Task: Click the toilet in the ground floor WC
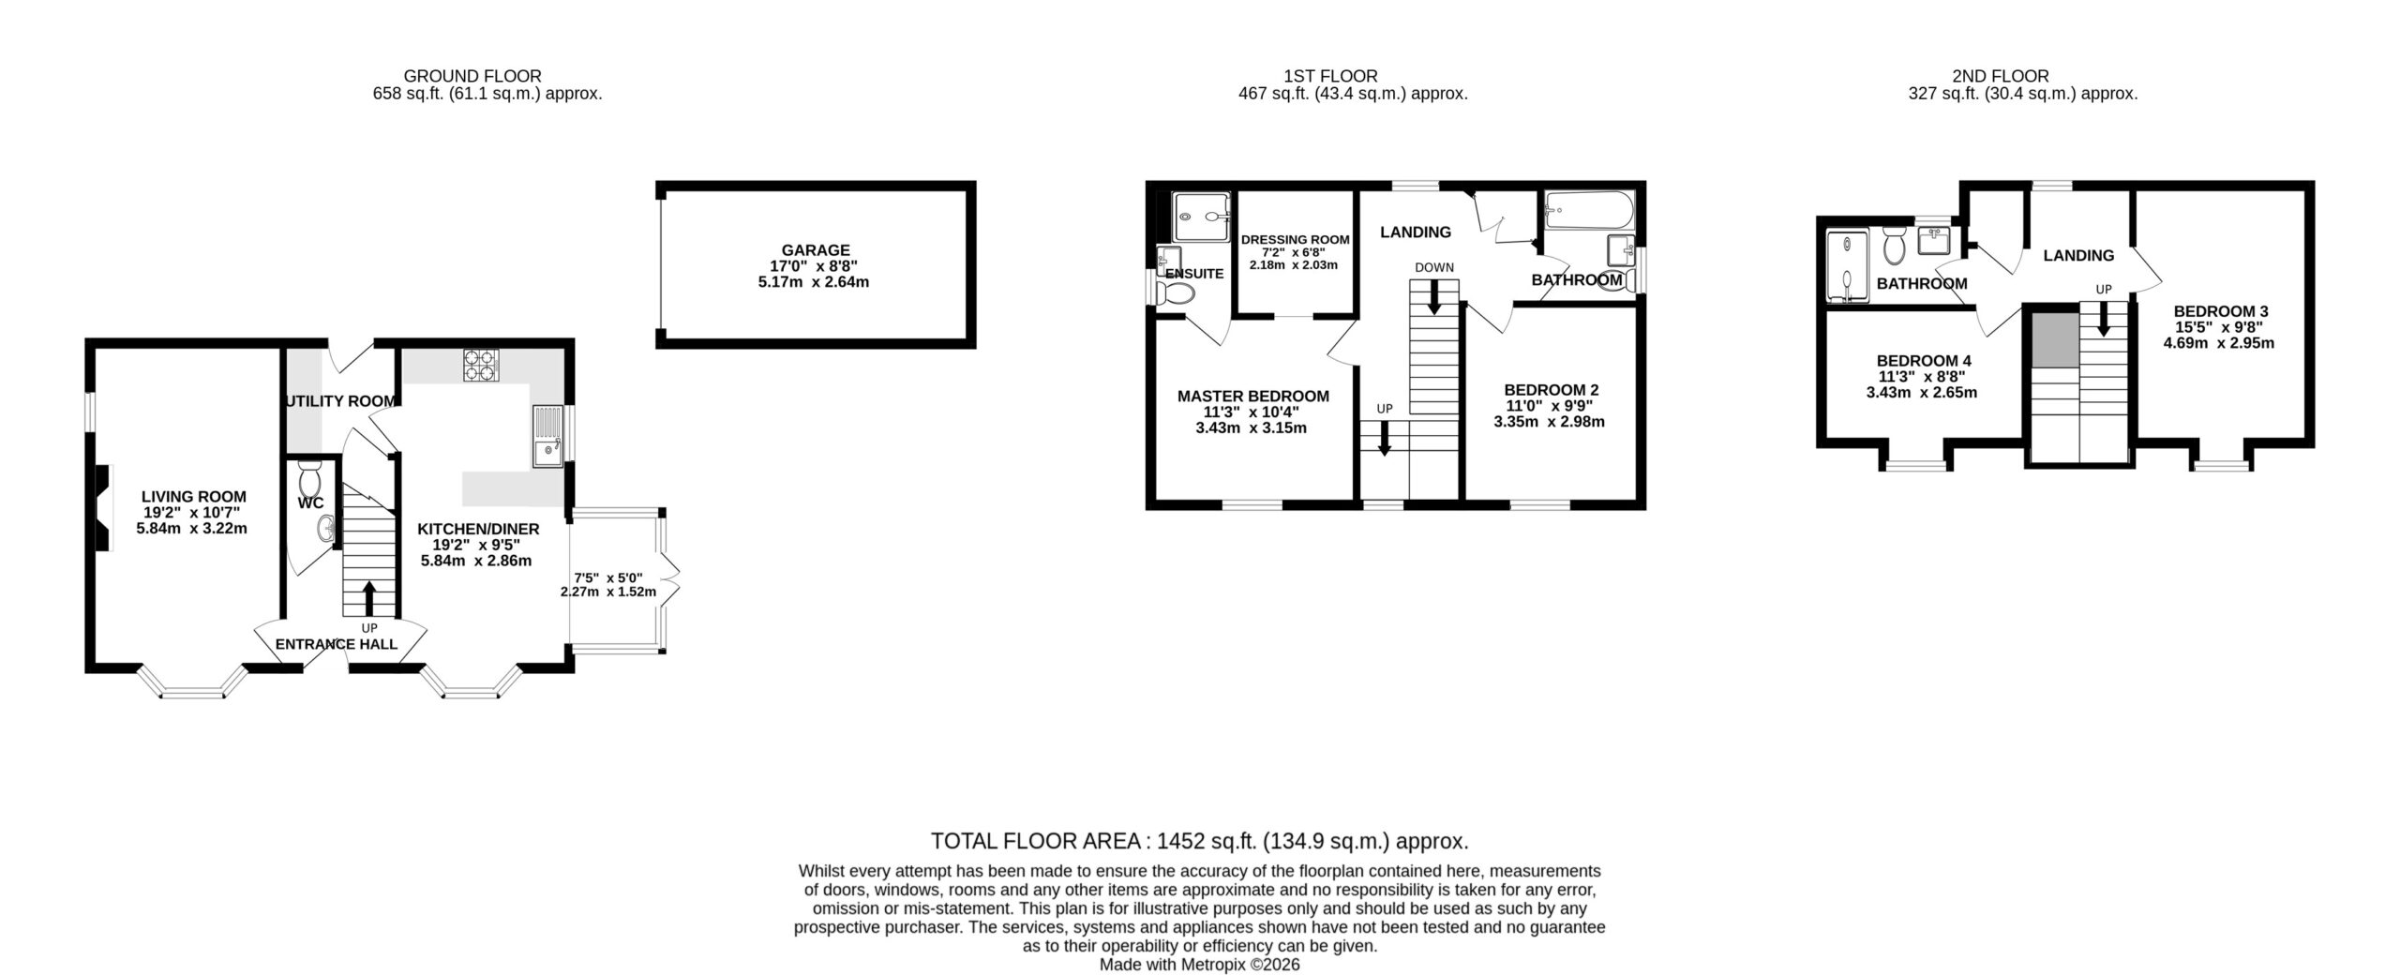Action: [309, 481]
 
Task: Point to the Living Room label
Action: [194, 497]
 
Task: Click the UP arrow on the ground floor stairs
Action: [368, 598]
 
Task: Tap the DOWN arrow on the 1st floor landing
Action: [1433, 297]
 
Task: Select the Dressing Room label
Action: [1296, 240]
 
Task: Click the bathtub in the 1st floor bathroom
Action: [1588, 209]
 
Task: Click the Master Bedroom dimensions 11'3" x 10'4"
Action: [1253, 412]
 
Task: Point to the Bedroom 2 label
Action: [1552, 390]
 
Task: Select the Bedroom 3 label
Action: [2221, 311]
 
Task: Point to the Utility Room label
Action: [339, 401]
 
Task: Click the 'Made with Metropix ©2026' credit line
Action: [1200, 964]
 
